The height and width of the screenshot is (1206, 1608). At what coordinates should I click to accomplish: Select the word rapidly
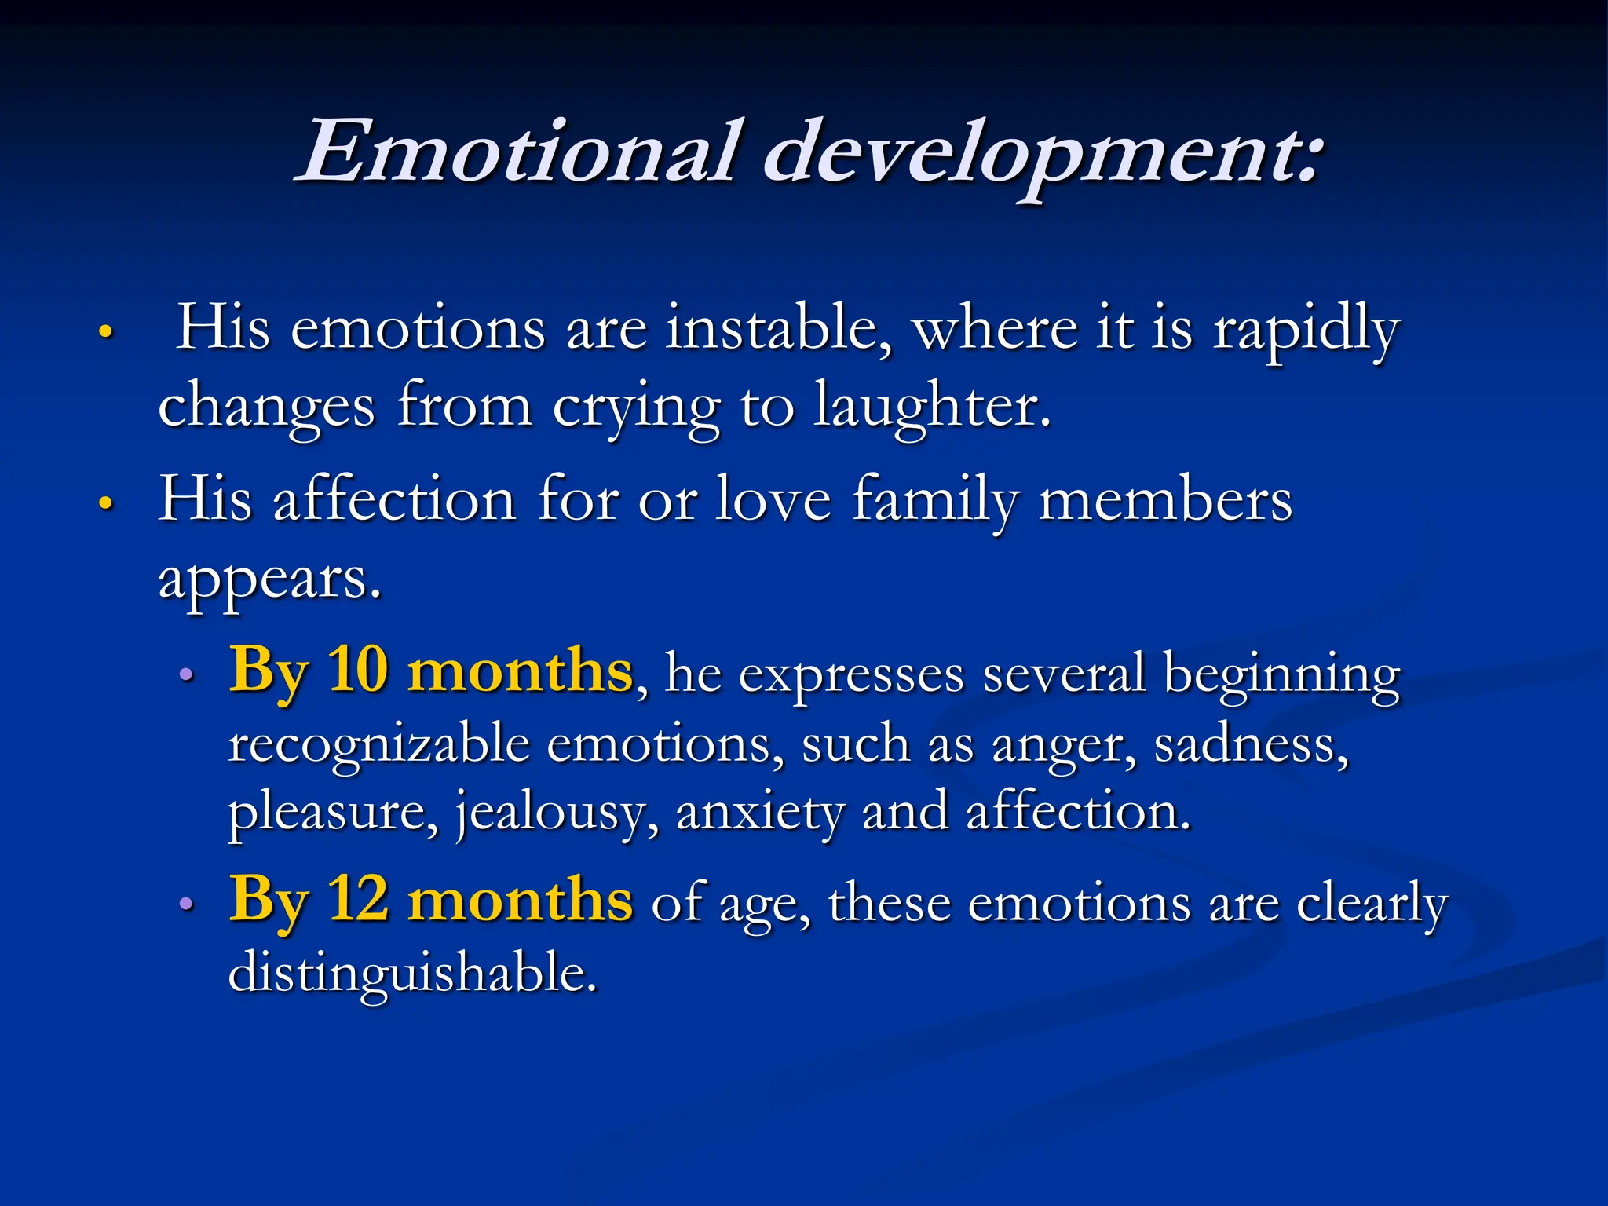(1306, 330)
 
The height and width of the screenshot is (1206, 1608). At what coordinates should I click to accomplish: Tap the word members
(1165, 501)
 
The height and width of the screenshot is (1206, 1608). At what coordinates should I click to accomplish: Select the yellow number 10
(358, 670)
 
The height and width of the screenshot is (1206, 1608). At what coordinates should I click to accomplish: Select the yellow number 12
(358, 899)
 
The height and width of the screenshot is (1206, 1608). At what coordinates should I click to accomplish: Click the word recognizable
(379, 744)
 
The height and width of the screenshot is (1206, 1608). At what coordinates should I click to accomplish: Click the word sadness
(1251, 744)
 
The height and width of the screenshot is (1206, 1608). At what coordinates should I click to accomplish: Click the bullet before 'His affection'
(107, 502)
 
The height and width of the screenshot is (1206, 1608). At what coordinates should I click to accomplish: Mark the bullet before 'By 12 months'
(186, 904)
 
